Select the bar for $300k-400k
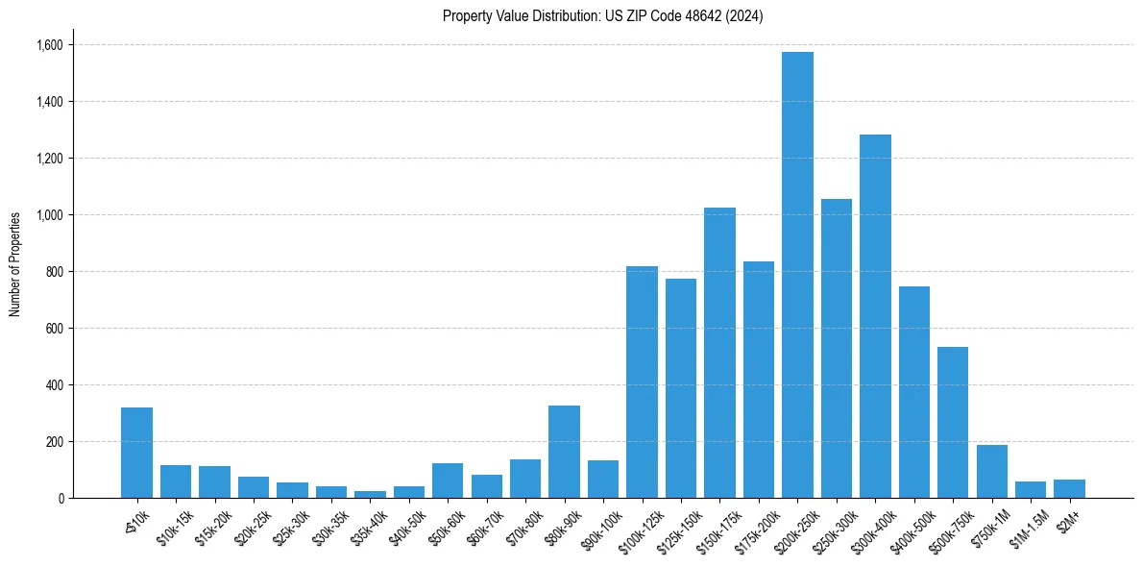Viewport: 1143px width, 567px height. click(875, 316)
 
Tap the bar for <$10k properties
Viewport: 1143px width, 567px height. click(136, 453)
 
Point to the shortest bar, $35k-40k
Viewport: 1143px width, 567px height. click(370, 494)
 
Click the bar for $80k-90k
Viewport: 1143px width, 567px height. click(564, 452)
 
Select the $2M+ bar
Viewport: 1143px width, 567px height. click(1069, 488)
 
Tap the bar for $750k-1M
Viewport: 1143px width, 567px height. click(991, 471)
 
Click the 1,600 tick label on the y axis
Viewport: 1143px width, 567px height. click(49, 45)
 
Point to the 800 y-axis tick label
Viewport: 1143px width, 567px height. click(54, 272)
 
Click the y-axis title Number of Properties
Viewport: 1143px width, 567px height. click(15, 263)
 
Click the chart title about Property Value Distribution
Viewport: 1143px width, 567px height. click(603, 16)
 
